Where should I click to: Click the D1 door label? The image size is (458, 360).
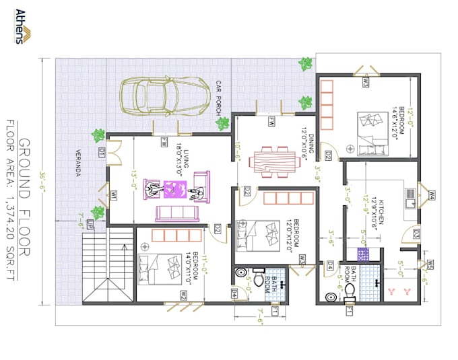pos(101,154)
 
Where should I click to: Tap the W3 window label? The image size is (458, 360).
pos(366,83)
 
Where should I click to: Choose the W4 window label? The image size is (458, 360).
pos(432,196)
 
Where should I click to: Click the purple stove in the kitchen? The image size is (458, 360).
pos(364,254)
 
